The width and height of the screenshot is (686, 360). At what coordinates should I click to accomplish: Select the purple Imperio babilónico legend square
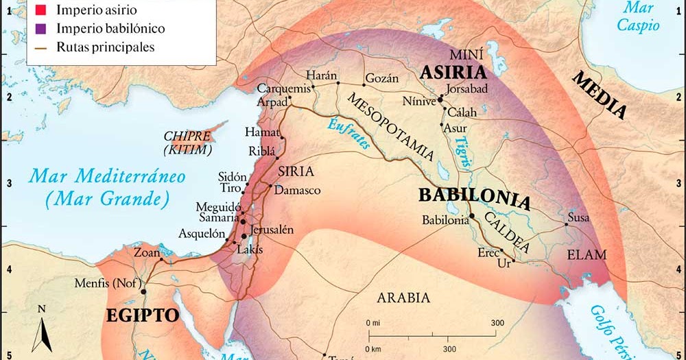click(40, 29)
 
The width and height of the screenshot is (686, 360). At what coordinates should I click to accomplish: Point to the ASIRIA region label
click(453, 73)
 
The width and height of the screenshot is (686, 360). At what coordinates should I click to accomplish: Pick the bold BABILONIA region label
click(474, 198)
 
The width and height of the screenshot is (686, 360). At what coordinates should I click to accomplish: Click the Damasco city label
click(297, 190)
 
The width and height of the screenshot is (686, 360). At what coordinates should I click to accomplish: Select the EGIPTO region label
click(142, 315)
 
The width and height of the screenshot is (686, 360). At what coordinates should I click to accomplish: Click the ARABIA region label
click(403, 298)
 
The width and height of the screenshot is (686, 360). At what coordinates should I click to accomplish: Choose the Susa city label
click(578, 218)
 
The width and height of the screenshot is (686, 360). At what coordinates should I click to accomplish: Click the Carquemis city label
click(283, 88)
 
